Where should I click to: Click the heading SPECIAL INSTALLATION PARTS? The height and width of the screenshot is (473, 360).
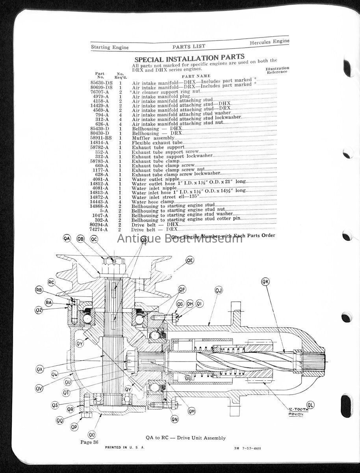coord(189,58)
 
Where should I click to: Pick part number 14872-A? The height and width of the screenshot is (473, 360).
coord(100,197)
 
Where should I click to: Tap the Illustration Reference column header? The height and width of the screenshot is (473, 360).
coord(278,70)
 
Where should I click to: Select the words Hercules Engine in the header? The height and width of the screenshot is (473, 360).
coord(269,42)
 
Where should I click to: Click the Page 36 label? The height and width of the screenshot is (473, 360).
coord(89,442)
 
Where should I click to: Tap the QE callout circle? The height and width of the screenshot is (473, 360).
coord(190,260)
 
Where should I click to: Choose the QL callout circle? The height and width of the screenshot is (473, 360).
coord(311,405)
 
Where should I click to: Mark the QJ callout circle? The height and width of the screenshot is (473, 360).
coord(219,291)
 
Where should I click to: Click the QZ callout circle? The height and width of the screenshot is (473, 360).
coord(39,310)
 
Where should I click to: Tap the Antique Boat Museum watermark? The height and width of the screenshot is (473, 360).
coord(180,238)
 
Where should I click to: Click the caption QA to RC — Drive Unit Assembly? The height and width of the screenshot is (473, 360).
coord(186,438)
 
